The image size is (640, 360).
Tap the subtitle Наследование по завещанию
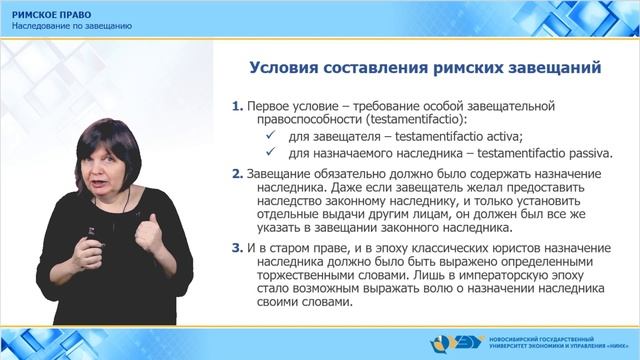click(x=72, y=25)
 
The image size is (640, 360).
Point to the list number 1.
click(x=236, y=105)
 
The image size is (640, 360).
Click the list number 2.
click(x=236, y=174)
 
